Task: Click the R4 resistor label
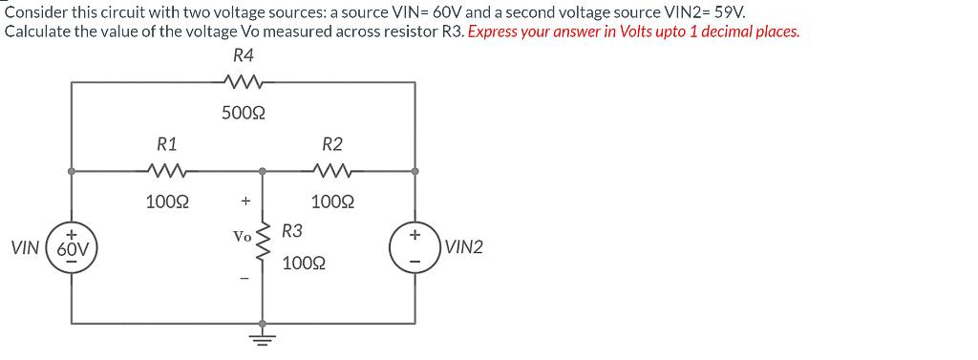(x=244, y=56)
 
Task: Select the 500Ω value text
(x=244, y=113)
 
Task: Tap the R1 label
(x=167, y=145)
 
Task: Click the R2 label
(x=332, y=145)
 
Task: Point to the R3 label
(x=293, y=231)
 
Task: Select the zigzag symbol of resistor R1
(x=167, y=173)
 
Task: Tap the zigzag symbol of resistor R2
(x=332, y=173)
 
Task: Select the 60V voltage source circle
(x=73, y=247)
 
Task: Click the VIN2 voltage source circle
(x=414, y=247)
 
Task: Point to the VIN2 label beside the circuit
(x=465, y=247)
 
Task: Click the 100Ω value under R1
(x=167, y=202)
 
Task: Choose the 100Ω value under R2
(x=332, y=202)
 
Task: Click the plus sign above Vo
(x=245, y=201)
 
